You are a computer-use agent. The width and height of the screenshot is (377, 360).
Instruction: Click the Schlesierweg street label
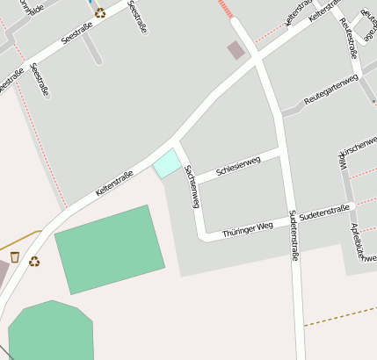(x=238, y=163)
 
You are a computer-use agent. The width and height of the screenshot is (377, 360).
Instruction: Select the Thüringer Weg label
(x=248, y=230)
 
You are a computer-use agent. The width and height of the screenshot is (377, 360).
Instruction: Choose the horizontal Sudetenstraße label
(x=324, y=212)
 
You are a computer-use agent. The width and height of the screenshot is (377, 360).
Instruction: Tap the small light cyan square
(x=167, y=163)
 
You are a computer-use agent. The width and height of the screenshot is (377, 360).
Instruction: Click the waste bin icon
(x=15, y=256)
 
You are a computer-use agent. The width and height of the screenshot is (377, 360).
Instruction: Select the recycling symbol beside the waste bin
(x=34, y=261)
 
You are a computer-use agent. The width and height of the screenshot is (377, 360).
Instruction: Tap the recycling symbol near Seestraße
(x=100, y=12)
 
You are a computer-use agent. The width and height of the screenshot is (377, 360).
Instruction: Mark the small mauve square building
(x=236, y=50)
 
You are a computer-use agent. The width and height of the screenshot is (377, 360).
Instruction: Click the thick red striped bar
(x=228, y=9)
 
